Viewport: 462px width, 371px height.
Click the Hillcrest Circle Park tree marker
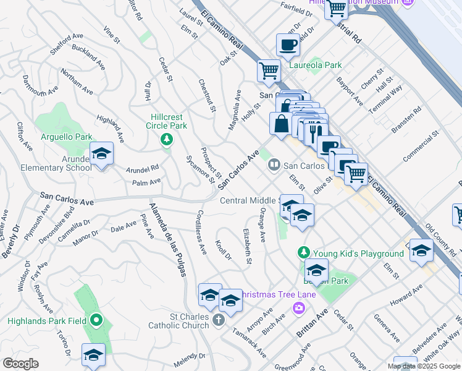(166, 139)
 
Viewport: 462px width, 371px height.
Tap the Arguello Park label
(66, 137)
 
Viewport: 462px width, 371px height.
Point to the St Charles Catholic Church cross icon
(217, 320)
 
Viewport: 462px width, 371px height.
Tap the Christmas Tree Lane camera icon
(300, 307)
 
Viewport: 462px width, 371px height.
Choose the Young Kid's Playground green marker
(303, 253)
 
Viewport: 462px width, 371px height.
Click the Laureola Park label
(316, 64)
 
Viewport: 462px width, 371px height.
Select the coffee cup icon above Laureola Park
(288, 45)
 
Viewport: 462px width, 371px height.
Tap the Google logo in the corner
(20, 364)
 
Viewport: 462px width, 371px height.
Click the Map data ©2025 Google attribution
(424, 365)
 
